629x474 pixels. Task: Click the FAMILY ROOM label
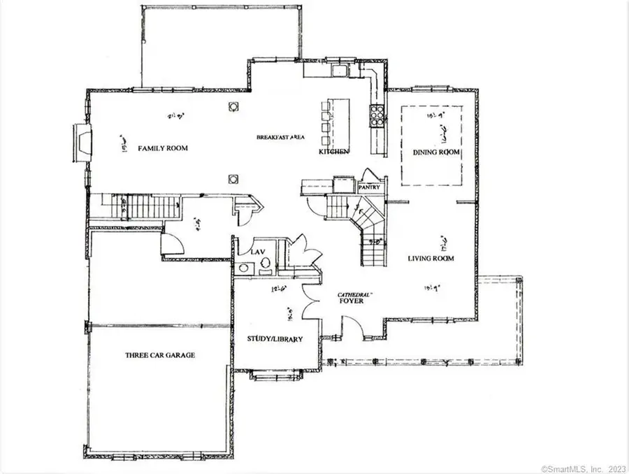coord(163,148)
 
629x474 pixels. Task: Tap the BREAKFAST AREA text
coord(280,137)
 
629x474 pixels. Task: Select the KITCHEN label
coord(333,152)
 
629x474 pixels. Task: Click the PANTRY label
coord(368,188)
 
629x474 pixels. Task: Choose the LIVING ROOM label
coord(431,259)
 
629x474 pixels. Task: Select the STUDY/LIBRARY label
coord(275,339)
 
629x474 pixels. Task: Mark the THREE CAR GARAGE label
coord(160,355)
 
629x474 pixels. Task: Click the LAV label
coord(248,250)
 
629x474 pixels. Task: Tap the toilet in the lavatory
coord(266,264)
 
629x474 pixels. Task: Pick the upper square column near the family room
coord(233,106)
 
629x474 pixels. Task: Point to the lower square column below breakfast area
coord(233,178)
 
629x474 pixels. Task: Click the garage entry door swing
coord(172,244)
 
